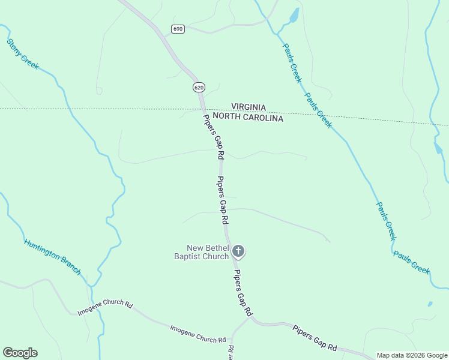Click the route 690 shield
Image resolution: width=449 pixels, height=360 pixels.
[177, 29]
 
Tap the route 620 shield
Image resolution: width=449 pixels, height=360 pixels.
[199, 88]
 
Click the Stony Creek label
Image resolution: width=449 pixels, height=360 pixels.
[23, 54]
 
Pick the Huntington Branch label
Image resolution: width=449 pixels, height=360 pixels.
[52, 257]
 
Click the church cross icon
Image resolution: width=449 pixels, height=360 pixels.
[238, 251]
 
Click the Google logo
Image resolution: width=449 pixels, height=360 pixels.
[20, 353]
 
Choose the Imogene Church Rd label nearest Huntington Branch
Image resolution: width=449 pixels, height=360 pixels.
[105, 308]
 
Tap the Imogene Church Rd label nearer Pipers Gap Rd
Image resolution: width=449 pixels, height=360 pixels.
[197, 334]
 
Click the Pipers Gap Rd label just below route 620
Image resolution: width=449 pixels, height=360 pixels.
[213, 136]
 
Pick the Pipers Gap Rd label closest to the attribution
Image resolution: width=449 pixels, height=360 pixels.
[315, 338]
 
